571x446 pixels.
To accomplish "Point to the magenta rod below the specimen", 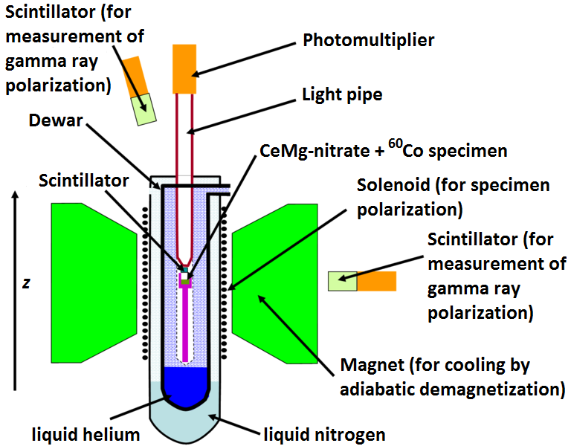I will click(185, 320).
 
